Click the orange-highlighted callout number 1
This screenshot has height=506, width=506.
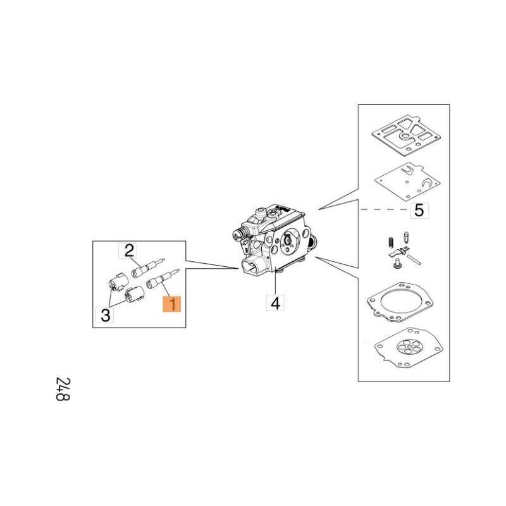(x=172, y=304)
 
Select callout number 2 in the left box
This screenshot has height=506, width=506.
(x=129, y=250)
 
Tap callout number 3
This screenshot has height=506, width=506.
(x=106, y=315)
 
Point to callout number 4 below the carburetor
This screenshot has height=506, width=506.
(x=275, y=303)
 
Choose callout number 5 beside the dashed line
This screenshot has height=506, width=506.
(x=419, y=211)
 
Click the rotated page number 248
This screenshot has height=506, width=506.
(x=63, y=389)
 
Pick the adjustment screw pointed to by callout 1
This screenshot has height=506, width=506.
(x=163, y=278)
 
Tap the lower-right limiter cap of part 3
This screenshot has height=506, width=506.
(x=133, y=294)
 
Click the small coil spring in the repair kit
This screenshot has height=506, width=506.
(x=390, y=242)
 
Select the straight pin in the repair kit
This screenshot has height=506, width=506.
(x=414, y=260)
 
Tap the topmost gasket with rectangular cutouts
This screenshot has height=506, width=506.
(x=406, y=135)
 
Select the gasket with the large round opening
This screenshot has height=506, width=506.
(x=400, y=302)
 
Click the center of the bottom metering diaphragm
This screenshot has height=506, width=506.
(x=408, y=348)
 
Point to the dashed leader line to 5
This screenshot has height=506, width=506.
(x=385, y=210)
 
